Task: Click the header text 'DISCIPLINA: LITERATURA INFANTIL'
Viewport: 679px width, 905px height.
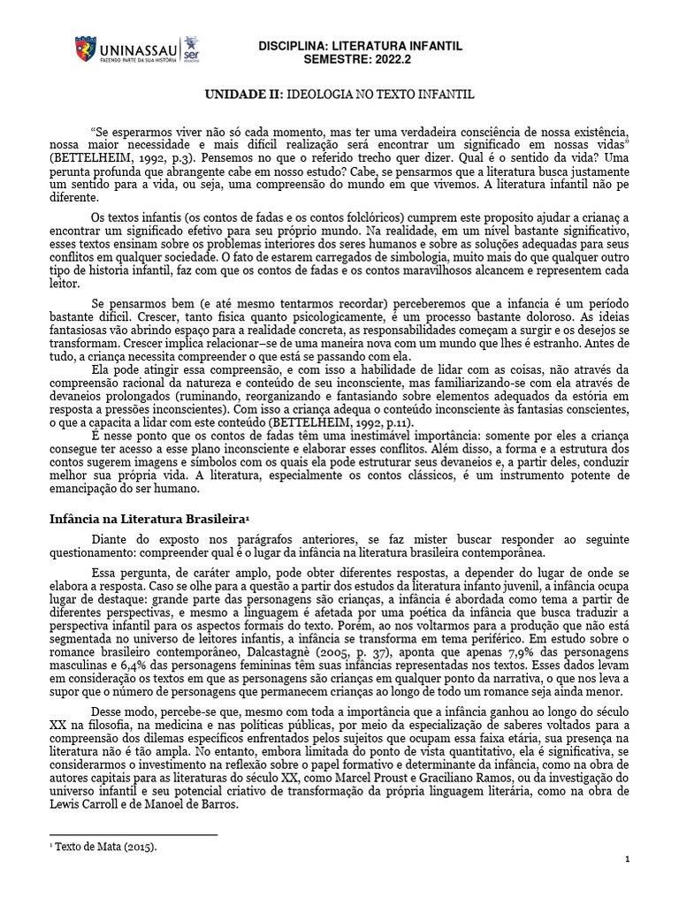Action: (x=359, y=46)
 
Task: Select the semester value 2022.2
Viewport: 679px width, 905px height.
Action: (x=395, y=58)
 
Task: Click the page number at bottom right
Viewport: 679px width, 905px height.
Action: (x=627, y=859)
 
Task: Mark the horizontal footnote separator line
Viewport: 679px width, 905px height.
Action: (x=133, y=833)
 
